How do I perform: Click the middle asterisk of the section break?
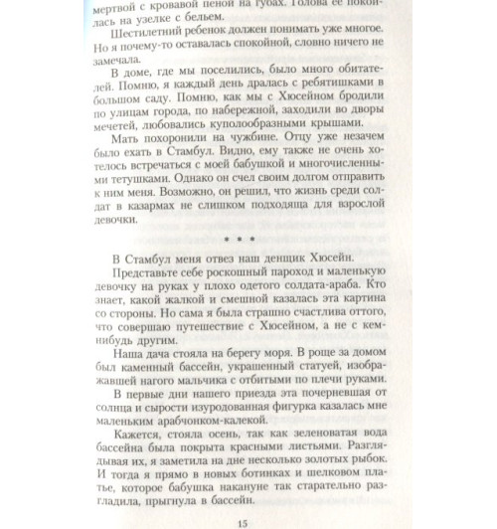[x=236, y=266]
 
